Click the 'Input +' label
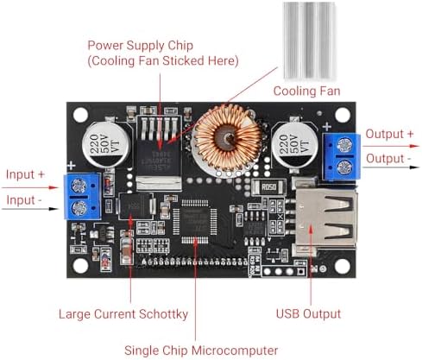[25, 174]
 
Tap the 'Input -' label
[24, 200]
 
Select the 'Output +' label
[389, 134]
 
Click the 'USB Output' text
[308, 313]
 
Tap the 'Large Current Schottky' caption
[123, 314]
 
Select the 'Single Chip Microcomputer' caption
[201, 351]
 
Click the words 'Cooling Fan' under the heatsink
[306, 91]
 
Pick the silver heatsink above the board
[309, 41]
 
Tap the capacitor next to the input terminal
[105, 144]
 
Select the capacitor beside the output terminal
[294, 144]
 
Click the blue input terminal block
[83, 196]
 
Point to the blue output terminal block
[342, 156]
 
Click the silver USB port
[325, 218]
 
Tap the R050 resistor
[268, 187]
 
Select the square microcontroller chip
[195, 221]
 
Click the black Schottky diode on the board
[135, 206]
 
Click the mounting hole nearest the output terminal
[343, 115]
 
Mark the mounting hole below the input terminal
[80, 265]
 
